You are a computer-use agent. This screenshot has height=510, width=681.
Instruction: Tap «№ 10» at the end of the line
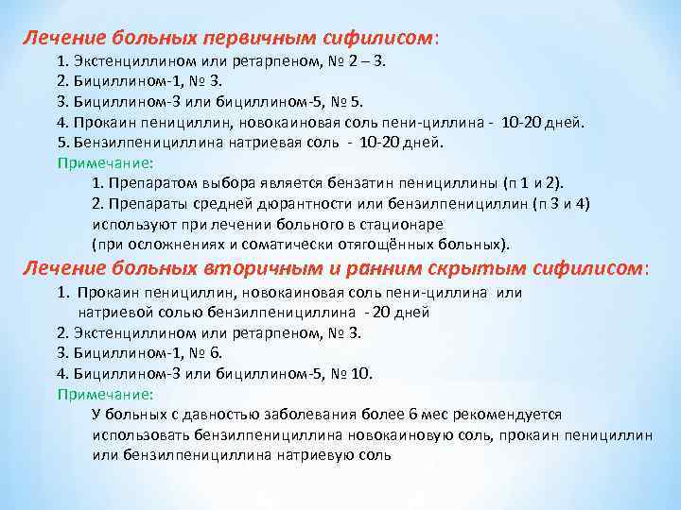(x=355, y=373)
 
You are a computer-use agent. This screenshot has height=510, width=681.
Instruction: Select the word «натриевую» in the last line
(x=322, y=454)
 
